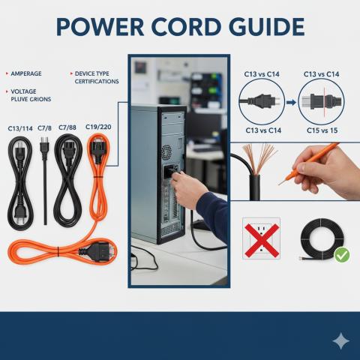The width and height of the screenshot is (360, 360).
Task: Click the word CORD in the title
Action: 186,27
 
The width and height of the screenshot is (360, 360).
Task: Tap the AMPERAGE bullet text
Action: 26,73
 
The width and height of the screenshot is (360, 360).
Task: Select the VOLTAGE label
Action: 23,91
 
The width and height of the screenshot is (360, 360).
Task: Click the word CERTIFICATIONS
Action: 97,82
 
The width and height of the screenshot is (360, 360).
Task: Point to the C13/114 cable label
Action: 20,129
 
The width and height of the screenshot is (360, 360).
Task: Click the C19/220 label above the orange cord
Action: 98,127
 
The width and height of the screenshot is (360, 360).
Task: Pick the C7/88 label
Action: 67,127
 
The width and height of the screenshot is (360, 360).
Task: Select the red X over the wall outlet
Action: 262,241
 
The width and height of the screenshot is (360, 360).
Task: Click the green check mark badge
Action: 342,255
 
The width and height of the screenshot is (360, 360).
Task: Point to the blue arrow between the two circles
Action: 291,102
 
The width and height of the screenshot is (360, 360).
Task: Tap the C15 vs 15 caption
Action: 322,130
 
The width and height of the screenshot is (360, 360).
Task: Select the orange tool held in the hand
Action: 310,163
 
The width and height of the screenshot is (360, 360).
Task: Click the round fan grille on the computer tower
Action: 166,152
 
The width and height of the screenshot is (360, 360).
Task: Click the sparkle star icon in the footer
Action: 340,341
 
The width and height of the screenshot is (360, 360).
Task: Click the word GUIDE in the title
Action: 266,27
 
